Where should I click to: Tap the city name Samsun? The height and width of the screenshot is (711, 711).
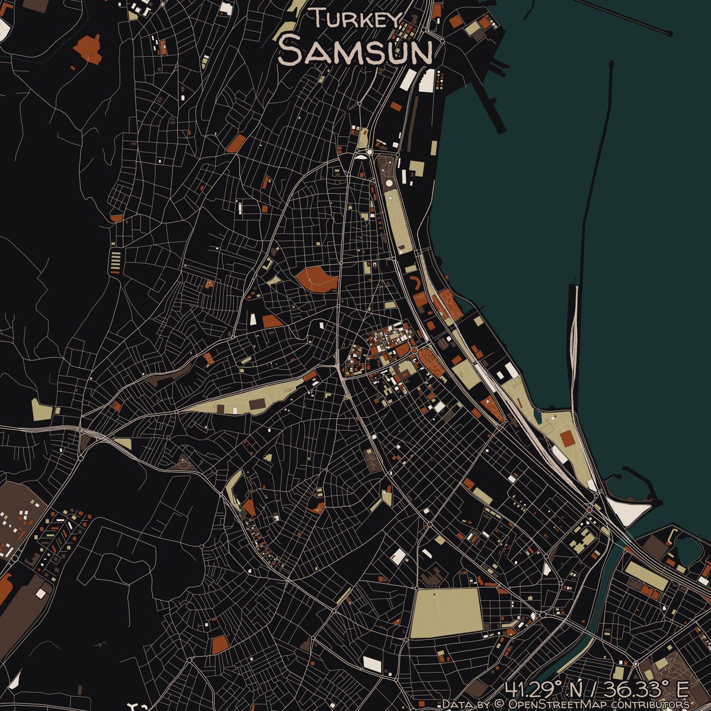coord(355,51)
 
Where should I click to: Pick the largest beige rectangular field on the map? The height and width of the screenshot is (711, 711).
coord(446,613)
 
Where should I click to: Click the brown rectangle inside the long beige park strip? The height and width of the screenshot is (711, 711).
coord(258,403)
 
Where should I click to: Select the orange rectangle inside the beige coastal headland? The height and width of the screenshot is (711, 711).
coord(567,438)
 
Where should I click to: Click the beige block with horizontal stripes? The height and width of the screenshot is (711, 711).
coord(116,260)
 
